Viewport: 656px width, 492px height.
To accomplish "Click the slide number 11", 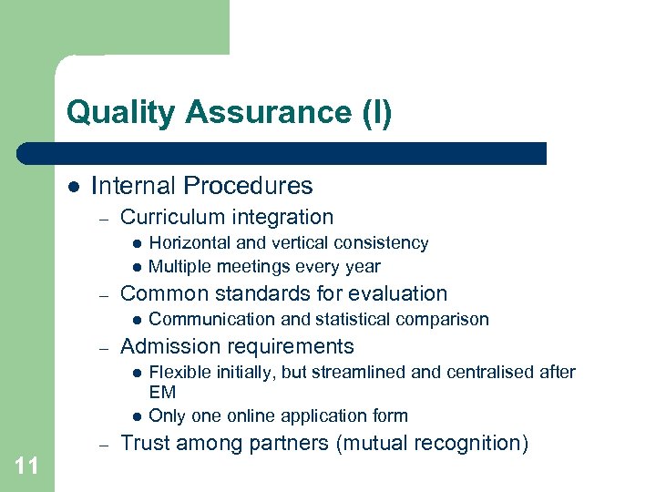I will (x=26, y=466).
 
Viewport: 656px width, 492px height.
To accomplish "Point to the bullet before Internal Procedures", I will (x=72, y=187).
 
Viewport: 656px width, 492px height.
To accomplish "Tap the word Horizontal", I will (x=187, y=243).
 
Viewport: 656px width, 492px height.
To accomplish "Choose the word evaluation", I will (x=403, y=293).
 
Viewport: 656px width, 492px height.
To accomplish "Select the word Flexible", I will (x=178, y=372).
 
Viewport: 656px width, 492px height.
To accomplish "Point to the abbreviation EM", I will (x=162, y=392).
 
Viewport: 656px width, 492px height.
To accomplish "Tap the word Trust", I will (x=146, y=444).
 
